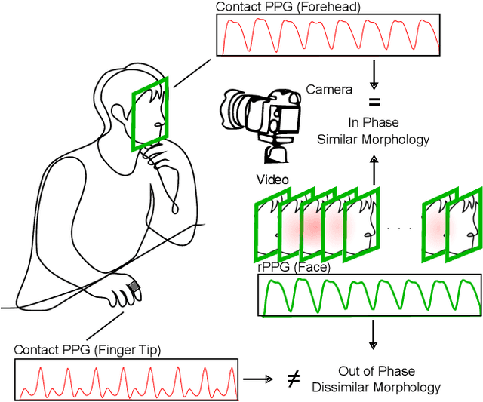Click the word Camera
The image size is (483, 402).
329,90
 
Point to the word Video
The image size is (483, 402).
272,180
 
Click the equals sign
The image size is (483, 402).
374,102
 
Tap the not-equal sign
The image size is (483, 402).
294,379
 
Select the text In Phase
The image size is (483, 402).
374,123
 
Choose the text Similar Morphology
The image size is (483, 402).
374,140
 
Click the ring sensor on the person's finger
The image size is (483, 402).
134,288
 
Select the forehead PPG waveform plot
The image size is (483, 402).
328,35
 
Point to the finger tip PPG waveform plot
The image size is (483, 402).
125,379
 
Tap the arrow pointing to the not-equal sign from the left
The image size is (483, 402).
258,379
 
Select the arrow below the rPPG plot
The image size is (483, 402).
374,333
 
